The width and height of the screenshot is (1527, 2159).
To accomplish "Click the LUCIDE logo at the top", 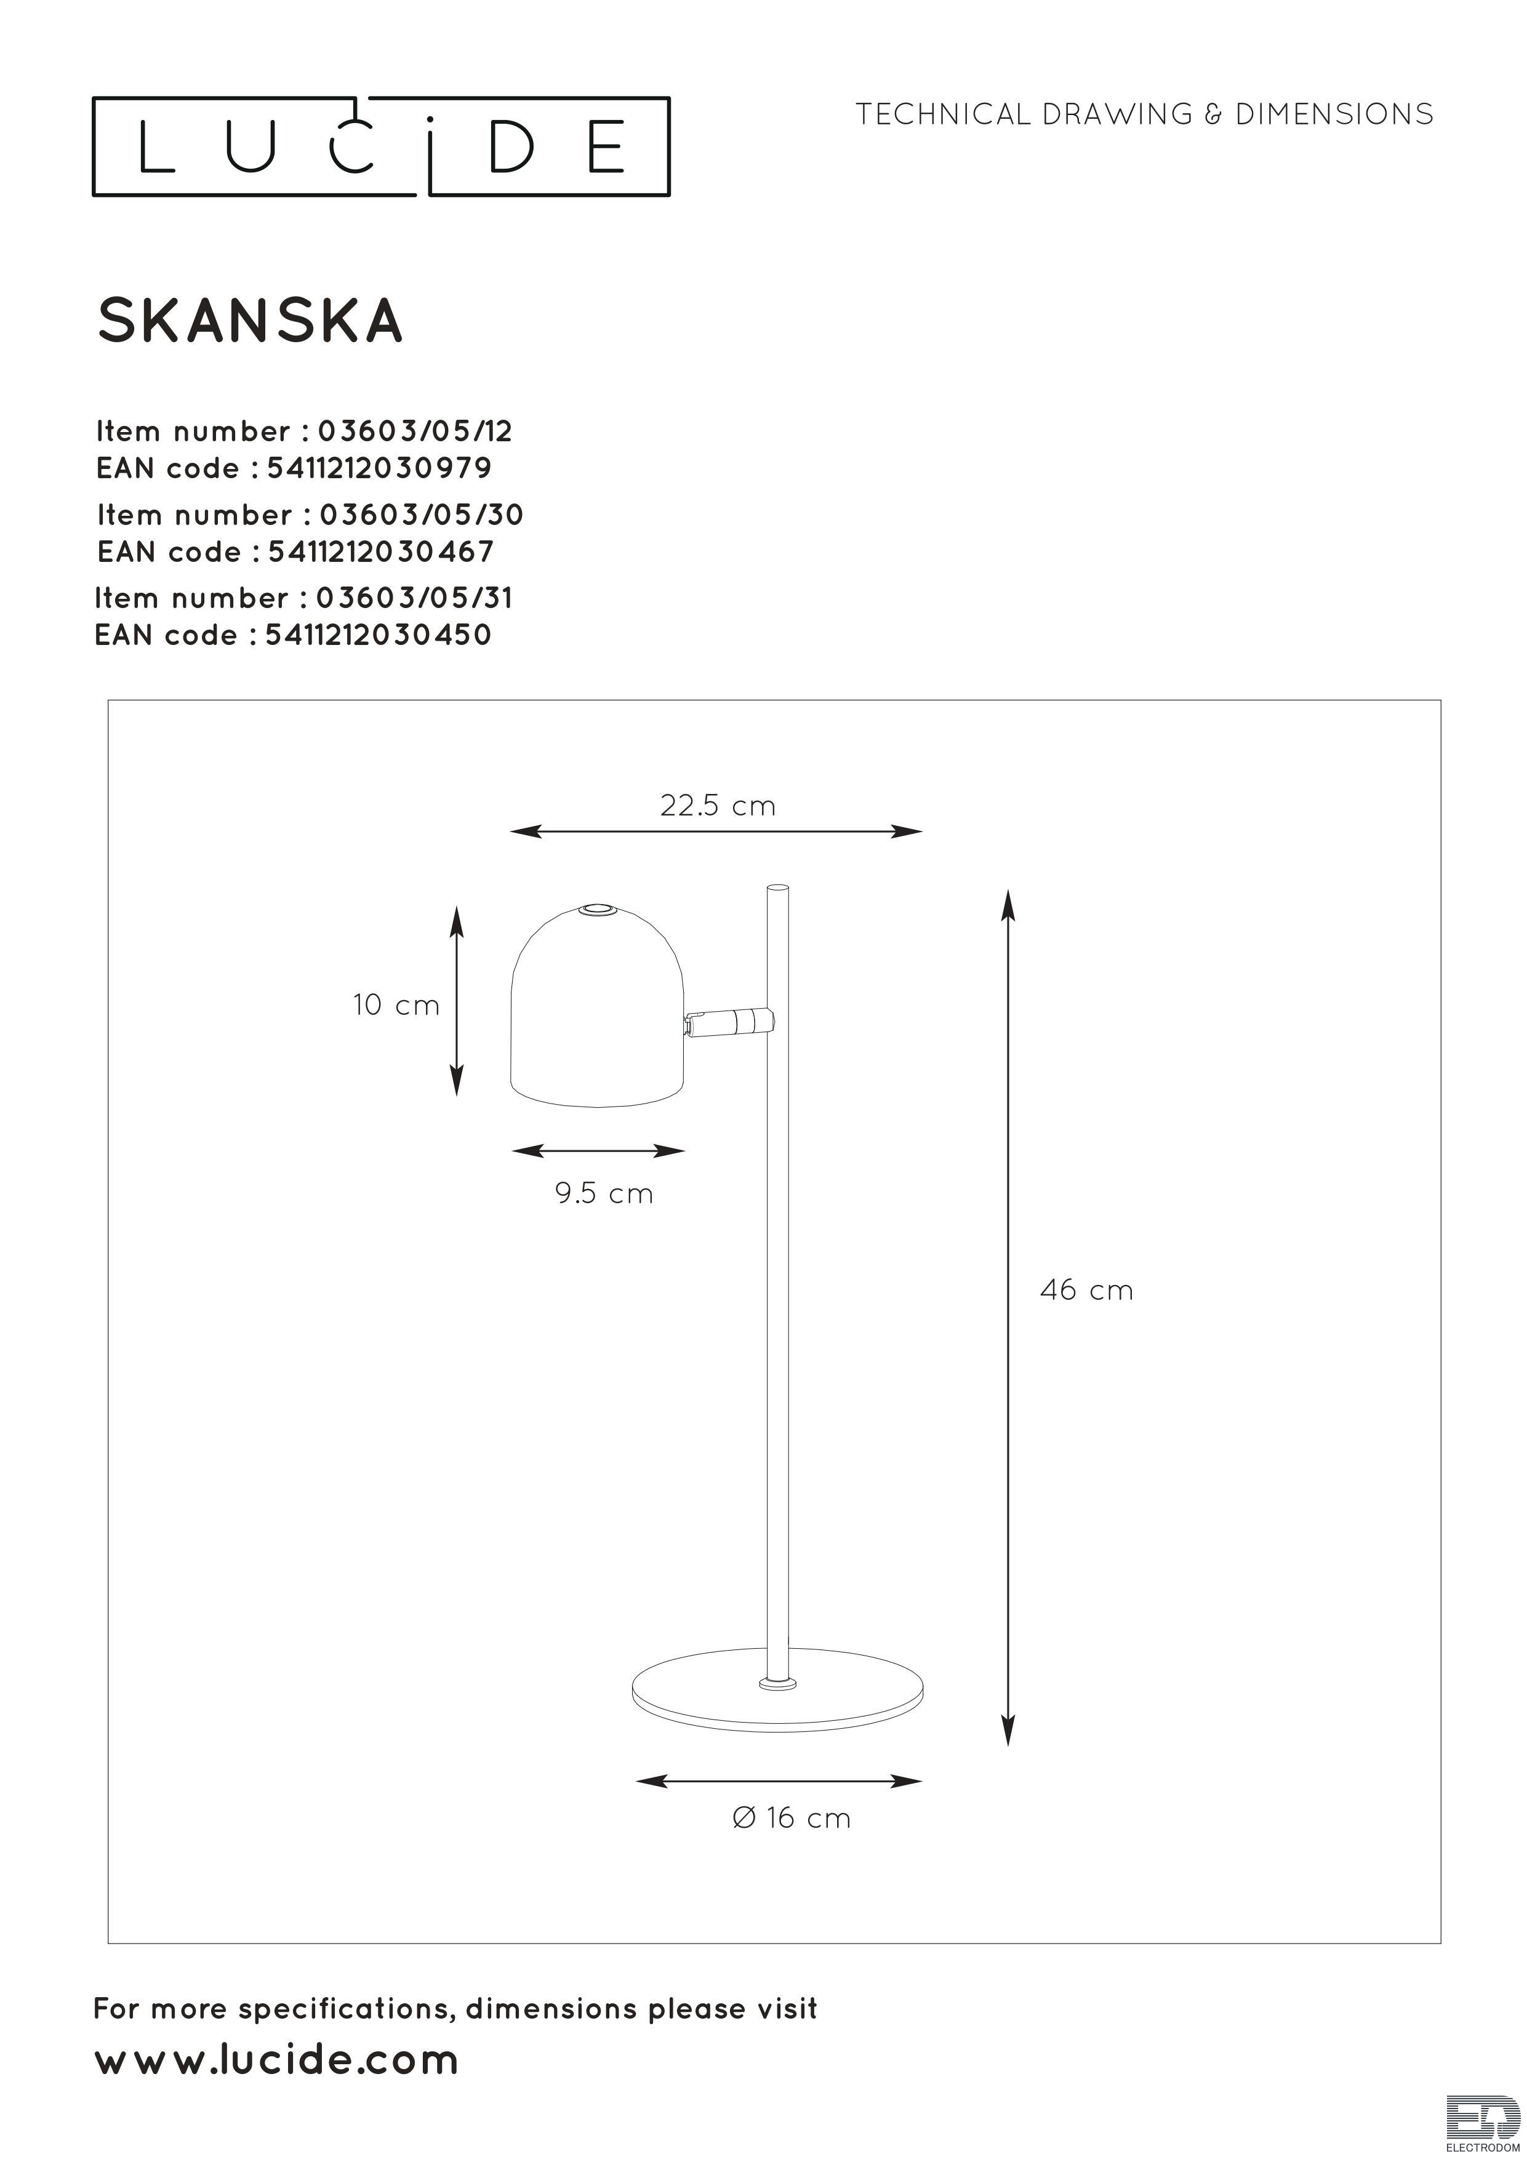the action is click(x=381, y=146).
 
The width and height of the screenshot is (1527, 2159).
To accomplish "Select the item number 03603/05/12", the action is click(x=415, y=431).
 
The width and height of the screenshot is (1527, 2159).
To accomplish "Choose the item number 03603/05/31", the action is click(x=415, y=598).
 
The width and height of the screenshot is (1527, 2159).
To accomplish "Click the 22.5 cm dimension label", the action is click(x=718, y=806).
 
